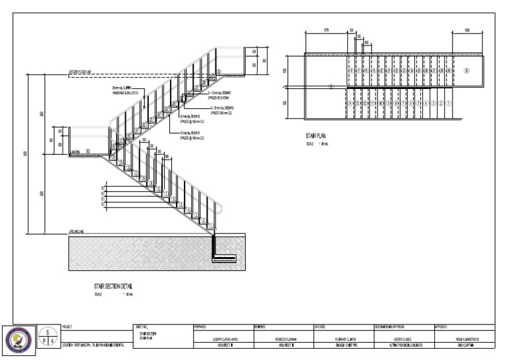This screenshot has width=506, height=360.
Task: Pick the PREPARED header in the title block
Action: coord(202,326)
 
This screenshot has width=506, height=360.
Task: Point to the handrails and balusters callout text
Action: coord(125,91)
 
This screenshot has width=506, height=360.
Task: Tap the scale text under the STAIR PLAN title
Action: coord(315,144)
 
